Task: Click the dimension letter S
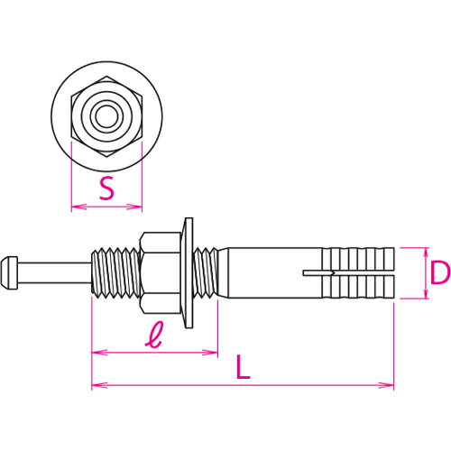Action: point(107,189)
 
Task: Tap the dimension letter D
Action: point(439,272)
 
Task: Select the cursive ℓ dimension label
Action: point(154,338)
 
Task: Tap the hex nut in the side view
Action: point(161,270)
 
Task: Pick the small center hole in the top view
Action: point(106,115)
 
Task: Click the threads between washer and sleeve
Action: point(207,270)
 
